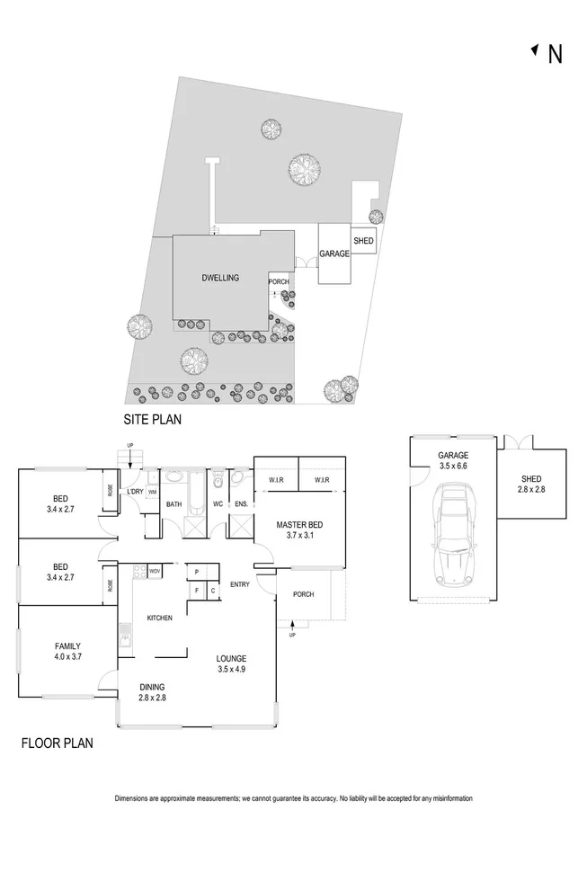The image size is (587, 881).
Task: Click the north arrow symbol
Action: [x=537, y=52]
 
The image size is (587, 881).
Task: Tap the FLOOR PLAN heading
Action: [x=57, y=743]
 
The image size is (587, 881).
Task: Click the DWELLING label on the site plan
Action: [x=220, y=278]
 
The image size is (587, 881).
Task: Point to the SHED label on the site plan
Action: [x=363, y=241]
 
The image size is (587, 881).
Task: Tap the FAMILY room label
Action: [x=67, y=645]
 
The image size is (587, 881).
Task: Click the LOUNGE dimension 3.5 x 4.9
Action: [x=231, y=670]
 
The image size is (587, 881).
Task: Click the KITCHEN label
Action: [x=159, y=618]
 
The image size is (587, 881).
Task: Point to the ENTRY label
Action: [x=240, y=585]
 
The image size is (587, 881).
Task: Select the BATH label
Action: [x=174, y=504]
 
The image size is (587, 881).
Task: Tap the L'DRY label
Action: [x=135, y=491]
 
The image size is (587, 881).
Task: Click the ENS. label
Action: [x=241, y=504]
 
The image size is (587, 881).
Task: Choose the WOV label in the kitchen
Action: [x=154, y=571]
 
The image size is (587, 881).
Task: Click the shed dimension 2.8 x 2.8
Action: [x=529, y=490]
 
